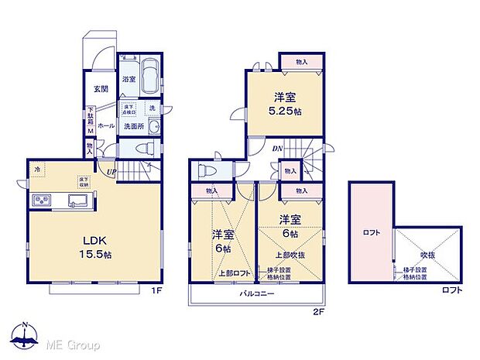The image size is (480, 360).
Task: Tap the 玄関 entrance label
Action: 101,89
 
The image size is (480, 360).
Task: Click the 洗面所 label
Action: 135,126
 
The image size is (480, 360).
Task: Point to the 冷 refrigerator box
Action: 36,168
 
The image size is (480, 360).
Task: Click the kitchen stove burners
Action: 41,201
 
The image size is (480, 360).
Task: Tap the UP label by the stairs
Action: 112,172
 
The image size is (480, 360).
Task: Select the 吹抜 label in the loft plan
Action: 427,252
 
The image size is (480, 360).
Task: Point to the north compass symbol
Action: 25,333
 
